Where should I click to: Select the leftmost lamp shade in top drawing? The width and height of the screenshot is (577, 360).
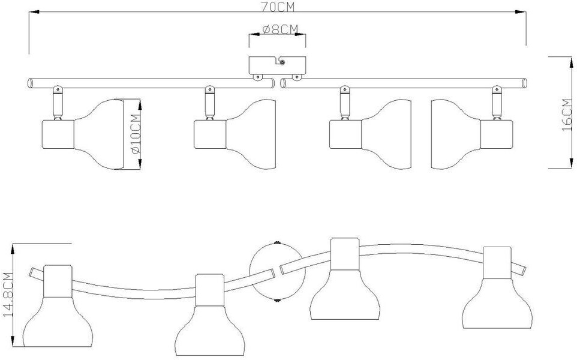coord(100,133)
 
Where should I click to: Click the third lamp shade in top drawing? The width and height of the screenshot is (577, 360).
coord(387,133)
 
